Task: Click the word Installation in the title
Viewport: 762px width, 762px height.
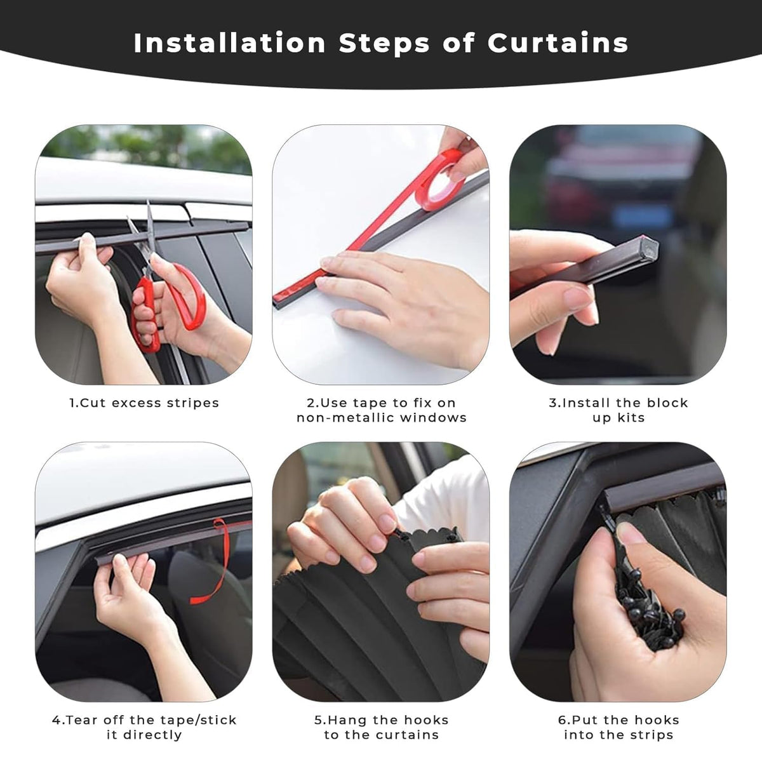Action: point(230,43)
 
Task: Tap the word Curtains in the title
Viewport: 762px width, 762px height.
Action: point(558,43)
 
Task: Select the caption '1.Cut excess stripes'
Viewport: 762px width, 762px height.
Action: point(144,403)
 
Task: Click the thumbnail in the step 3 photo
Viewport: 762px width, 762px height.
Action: point(578,298)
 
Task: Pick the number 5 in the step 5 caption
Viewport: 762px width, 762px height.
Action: point(318,720)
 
